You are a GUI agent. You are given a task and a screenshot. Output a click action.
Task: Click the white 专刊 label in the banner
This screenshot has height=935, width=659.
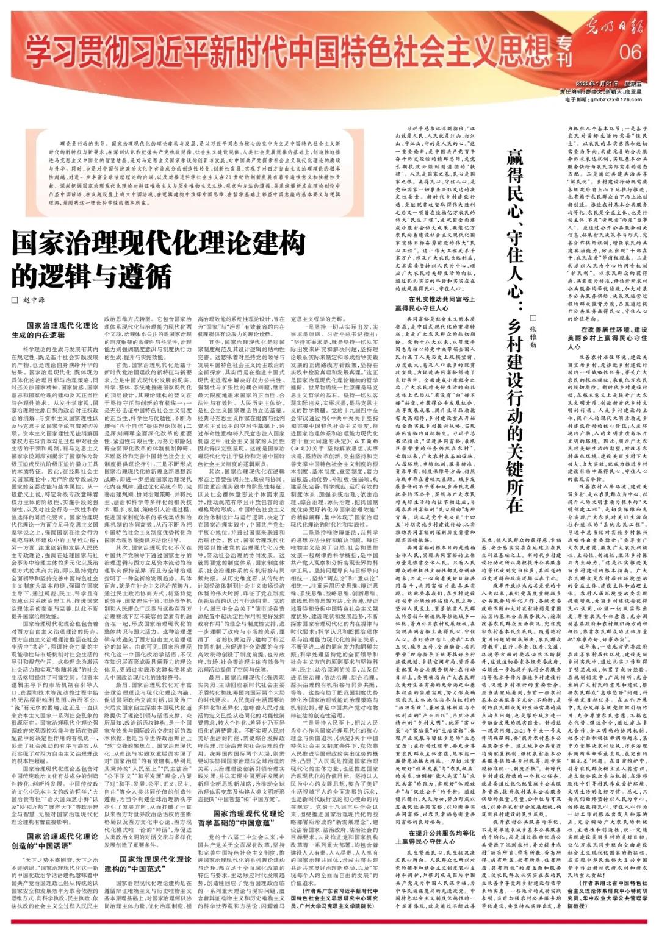pos(564,51)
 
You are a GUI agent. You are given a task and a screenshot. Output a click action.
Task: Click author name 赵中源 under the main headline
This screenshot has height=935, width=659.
pos(35,301)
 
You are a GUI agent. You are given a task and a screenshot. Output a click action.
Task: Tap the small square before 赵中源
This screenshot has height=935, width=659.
pos(15,301)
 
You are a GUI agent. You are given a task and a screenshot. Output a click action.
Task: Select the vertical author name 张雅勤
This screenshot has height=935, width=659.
pos(533,332)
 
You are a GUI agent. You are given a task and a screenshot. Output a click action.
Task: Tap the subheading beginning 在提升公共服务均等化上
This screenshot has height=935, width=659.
pos(434,837)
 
